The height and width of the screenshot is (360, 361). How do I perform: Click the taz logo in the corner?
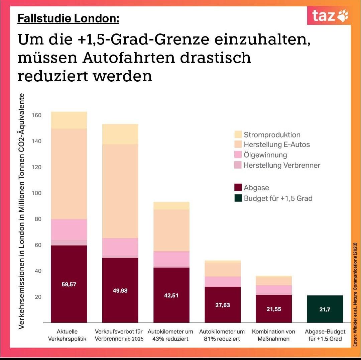pos(329,16)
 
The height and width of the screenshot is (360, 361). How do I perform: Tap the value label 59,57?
pos(69,284)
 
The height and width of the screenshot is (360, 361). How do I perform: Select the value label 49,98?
pos(120,290)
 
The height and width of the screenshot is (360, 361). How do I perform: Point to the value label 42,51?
pos(171,295)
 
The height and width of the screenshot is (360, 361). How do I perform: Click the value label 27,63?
pos(222,305)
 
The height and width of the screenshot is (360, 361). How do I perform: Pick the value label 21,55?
pos(273,309)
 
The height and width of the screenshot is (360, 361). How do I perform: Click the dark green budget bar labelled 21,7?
pos(325,309)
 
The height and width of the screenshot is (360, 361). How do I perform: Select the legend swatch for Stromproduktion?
pos(238,135)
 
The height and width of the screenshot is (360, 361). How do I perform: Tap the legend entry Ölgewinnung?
pos(265,155)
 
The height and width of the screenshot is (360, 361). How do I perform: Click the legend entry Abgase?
pos(256,188)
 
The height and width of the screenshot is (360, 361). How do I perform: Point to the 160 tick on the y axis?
pos(36,115)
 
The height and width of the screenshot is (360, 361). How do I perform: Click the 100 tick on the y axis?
pos(36,193)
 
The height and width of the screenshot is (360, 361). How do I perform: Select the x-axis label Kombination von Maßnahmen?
pos(273,335)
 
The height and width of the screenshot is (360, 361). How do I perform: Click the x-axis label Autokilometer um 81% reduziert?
pos(222,335)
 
